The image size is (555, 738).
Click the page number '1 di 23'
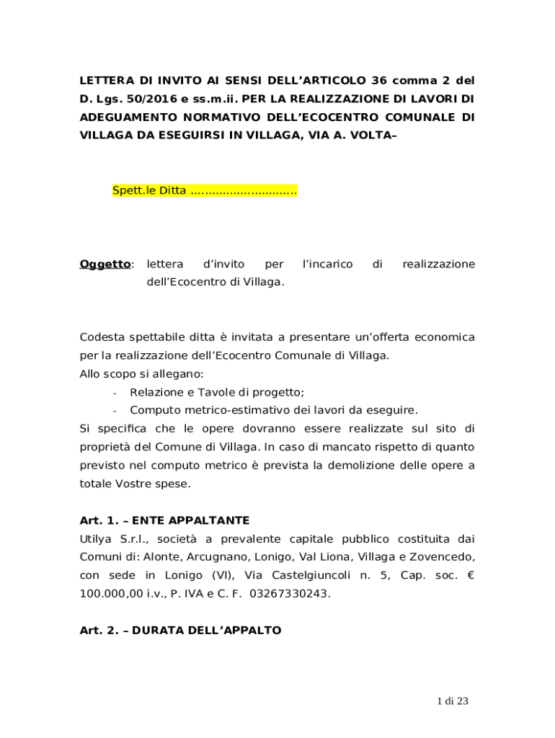point(453,701)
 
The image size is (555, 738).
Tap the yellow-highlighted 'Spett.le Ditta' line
point(205,191)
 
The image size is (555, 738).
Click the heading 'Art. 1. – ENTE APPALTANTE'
point(164,520)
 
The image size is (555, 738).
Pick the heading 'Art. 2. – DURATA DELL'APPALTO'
point(180,631)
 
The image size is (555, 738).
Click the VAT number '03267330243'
point(290,595)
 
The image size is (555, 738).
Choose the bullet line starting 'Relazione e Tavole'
point(217,392)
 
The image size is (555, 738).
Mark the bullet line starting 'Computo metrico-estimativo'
point(273,410)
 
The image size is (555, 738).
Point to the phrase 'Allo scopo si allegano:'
point(141,373)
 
